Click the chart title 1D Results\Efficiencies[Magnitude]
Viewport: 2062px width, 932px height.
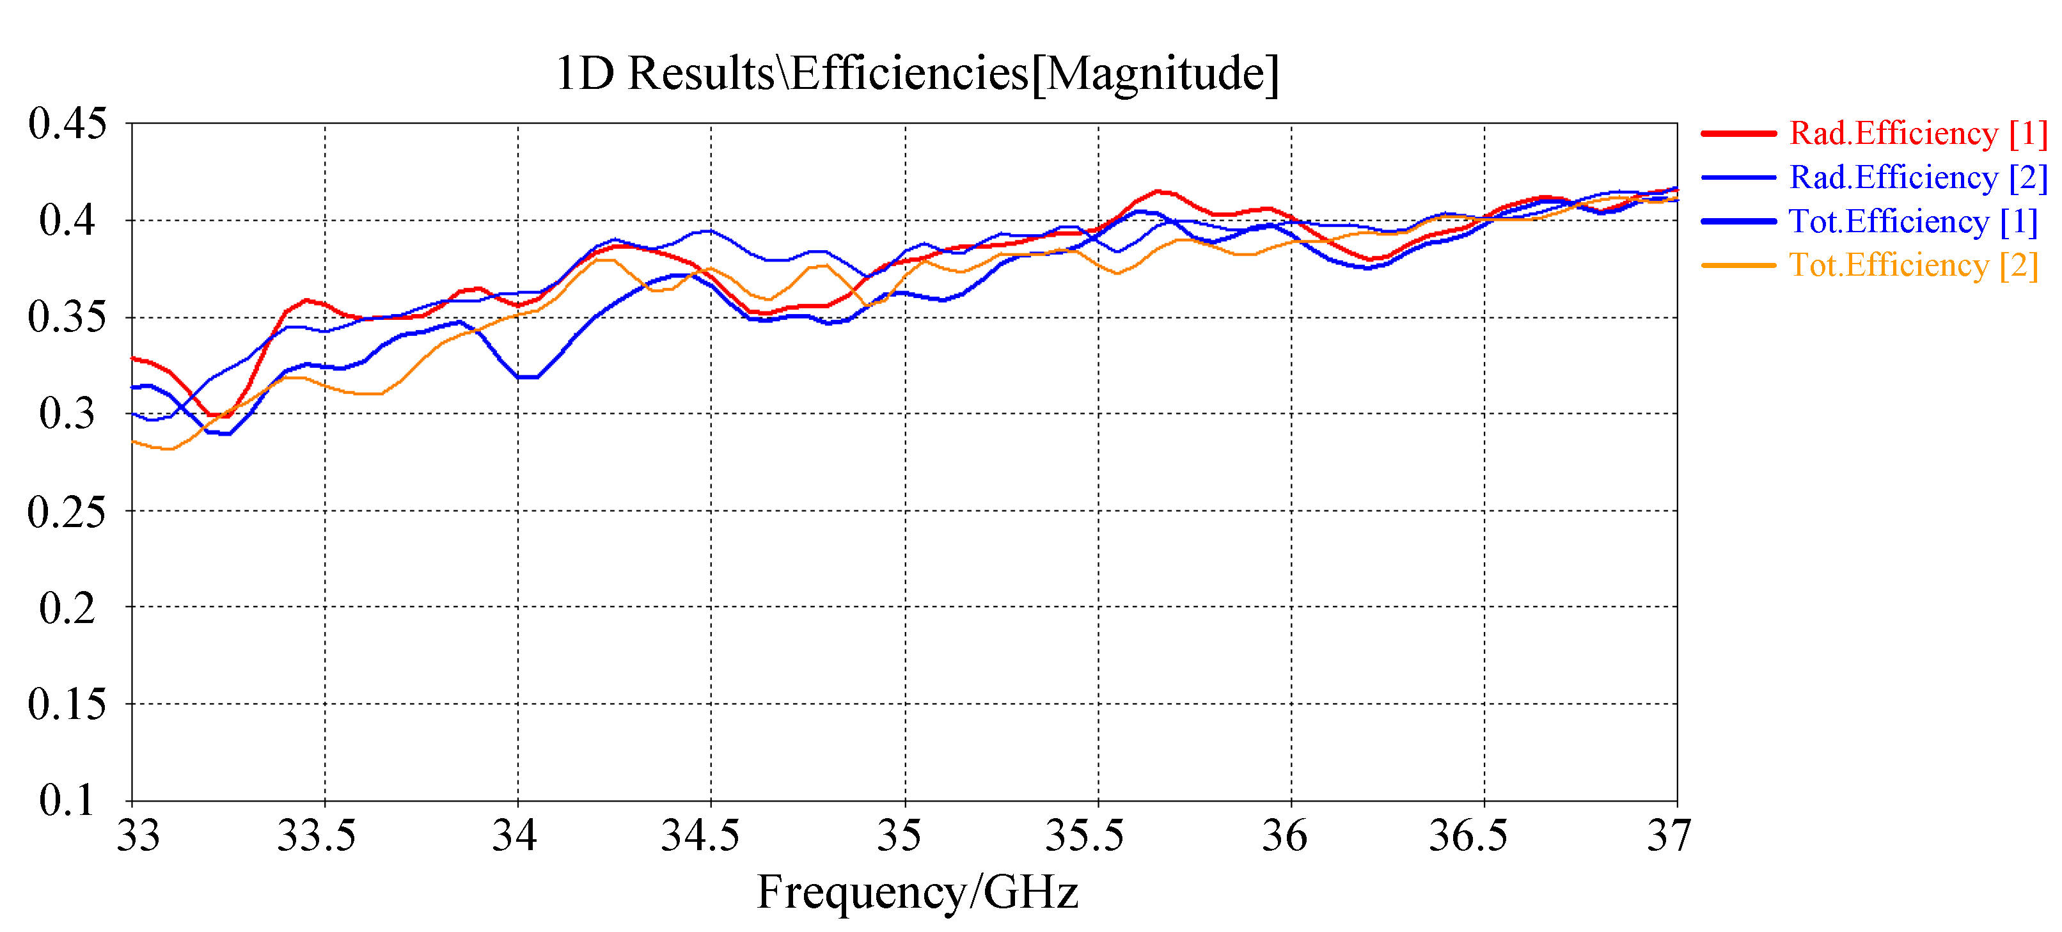[917, 74]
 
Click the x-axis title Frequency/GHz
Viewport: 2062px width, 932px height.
[917, 892]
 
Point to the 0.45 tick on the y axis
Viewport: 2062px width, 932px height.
[67, 124]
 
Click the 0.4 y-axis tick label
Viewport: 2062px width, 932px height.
[67, 221]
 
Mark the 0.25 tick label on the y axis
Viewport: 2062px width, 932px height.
[67, 512]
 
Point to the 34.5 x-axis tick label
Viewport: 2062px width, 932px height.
[700, 836]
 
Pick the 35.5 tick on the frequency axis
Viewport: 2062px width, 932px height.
[1085, 836]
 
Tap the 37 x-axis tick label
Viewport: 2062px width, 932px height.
[1669, 836]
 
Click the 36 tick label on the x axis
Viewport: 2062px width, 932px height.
[1285, 836]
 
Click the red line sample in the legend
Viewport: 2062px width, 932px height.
[1738, 133]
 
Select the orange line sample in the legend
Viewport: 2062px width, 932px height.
[1738, 265]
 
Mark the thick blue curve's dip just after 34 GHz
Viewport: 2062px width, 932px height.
[528, 377]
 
